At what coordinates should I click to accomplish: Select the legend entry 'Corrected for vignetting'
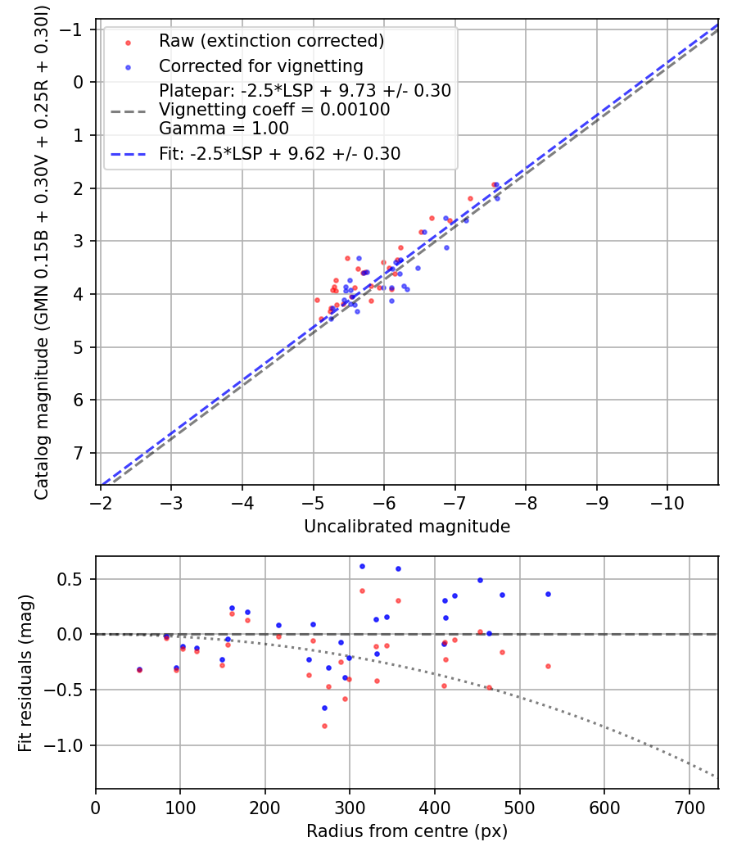click(260, 66)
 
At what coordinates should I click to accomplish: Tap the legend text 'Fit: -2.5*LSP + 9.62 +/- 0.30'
click(279, 154)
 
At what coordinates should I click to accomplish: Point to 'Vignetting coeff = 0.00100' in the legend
click(274, 110)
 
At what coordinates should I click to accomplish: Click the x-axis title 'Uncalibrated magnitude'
click(407, 527)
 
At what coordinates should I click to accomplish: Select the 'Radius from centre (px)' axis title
click(407, 831)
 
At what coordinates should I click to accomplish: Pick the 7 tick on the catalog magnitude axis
click(79, 454)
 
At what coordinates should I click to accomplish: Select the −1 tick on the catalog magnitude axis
click(75, 29)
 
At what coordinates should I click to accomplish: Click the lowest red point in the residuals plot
click(324, 726)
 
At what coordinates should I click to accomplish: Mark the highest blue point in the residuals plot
click(362, 566)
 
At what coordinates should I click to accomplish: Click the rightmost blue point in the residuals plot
click(548, 594)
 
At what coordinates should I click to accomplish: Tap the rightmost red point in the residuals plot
click(548, 666)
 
